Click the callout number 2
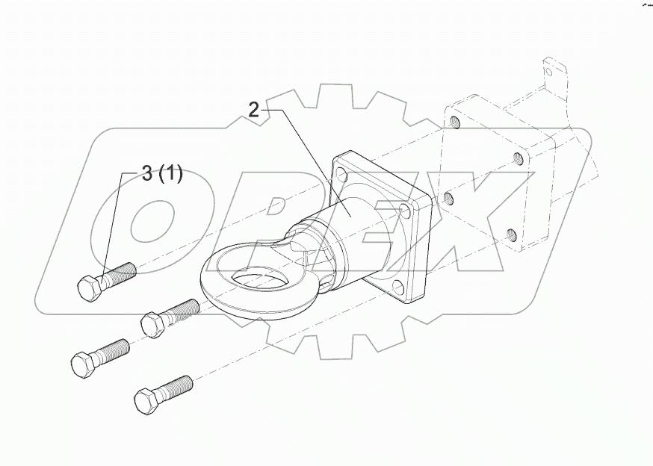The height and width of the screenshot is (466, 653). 254,111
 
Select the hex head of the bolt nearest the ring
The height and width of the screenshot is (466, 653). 152,325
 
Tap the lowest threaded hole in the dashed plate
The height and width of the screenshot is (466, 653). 511,234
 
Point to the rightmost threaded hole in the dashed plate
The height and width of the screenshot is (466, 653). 517,158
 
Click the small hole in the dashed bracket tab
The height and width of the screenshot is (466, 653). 549,72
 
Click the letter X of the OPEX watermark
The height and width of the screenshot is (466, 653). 478,217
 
